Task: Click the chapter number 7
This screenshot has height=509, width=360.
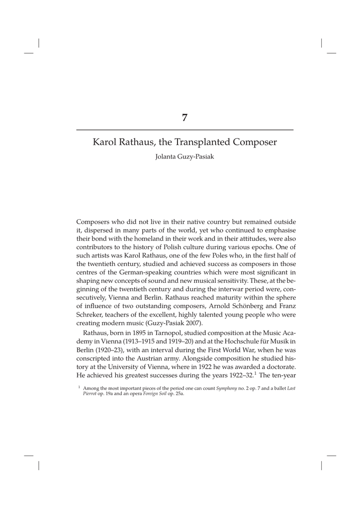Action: [184, 118]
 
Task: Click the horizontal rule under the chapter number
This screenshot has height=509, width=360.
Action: [184, 130]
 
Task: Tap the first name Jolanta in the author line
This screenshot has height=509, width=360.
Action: [168, 158]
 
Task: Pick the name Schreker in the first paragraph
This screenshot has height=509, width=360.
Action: [91, 315]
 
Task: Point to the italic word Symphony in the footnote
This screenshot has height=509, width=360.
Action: [226, 388]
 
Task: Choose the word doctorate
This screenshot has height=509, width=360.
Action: [279, 367]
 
